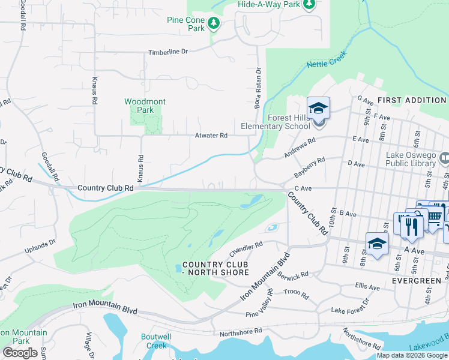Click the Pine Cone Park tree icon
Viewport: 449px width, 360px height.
[x=214, y=23]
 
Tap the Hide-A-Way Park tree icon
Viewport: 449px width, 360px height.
[x=309, y=5]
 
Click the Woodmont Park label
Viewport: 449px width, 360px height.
[x=145, y=106]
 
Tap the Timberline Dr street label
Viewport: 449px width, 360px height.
[x=169, y=52]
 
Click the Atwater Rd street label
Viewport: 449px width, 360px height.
[x=211, y=136]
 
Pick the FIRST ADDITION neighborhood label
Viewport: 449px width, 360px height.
[x=412, y=100]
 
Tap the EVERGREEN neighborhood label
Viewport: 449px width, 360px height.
[x=417, y=280]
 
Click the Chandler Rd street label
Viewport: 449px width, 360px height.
[x=246, y=245]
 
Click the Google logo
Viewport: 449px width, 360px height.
[x=20, y=352]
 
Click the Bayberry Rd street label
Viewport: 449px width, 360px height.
[x=309, y=167]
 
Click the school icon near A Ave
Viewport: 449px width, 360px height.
[x=376, y=244]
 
